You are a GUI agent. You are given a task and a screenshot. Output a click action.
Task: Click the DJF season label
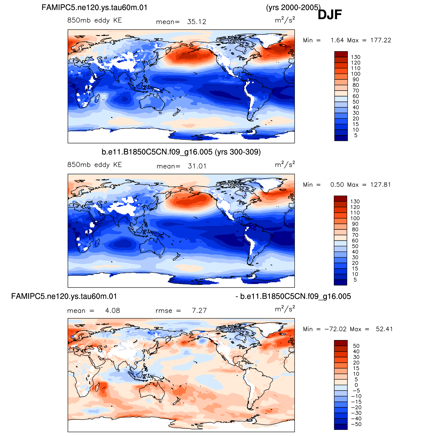(x=330, y=15)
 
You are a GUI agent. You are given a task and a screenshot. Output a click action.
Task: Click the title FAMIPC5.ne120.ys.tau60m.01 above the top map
(x=95, y=7)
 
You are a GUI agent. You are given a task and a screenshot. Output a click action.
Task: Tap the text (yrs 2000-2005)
(x=293, y=8)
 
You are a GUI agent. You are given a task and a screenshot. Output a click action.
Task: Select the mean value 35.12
(x=196, y=22)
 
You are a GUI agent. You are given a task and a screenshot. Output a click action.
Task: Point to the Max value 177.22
(x=381, y=40)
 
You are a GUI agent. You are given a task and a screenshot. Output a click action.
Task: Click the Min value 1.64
(x=337, y=40)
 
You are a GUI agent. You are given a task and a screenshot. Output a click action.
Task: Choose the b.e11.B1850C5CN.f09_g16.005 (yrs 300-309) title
(x=181, y=152)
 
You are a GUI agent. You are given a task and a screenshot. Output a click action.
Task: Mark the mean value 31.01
(x=197, y=166)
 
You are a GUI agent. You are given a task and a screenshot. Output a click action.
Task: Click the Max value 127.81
(x=380, y=185)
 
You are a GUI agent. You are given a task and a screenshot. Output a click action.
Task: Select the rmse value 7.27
(x=199, y=311)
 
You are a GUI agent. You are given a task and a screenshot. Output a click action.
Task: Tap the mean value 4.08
(x=113, y=311)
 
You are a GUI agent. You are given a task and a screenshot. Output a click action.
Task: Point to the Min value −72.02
(x=335, y=329)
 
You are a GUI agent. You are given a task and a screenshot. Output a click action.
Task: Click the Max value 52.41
(x=384, y=329)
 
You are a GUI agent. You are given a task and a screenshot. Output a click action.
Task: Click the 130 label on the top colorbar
(x=356, y=57)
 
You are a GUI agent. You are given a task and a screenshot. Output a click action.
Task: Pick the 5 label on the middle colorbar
(x=355, y=280)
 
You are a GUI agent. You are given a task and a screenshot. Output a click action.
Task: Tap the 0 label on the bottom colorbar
(x=356, y=385)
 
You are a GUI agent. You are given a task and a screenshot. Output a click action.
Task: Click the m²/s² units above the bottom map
(x=285, y=309)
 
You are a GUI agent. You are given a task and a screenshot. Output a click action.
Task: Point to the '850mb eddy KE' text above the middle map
(x=95, y=165)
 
